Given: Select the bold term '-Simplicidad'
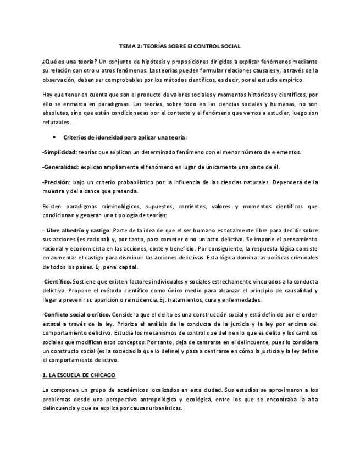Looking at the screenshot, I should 59,152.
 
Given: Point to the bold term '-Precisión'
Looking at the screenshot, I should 56,181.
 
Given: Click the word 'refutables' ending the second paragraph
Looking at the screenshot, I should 56,122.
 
